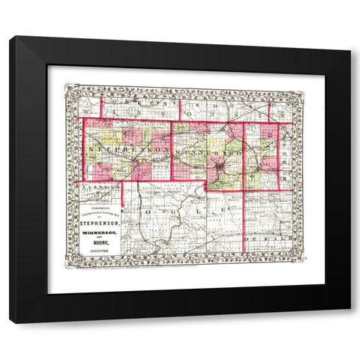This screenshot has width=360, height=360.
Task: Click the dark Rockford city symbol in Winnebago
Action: click(217, 161)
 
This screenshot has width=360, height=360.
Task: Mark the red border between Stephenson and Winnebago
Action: click(172, 150)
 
